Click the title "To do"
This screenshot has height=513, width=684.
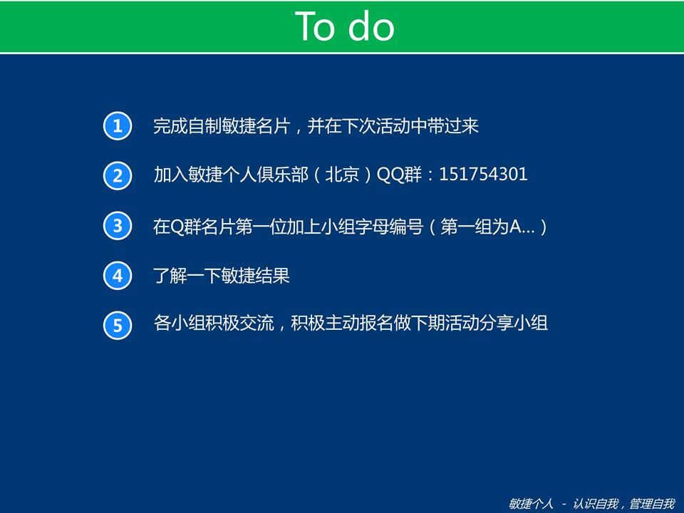[345, 26]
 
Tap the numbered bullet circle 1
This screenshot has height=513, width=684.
[118, 125]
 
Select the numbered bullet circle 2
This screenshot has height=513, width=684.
[118, 176]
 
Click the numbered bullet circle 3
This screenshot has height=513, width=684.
[118, 226]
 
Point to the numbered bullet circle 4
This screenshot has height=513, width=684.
[118, 276]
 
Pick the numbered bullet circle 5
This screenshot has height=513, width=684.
[118, 326]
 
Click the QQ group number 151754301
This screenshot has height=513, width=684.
[483, 175]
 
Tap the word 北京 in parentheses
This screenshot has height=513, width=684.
[342, 175]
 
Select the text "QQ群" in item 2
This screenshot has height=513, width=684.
[399, 175]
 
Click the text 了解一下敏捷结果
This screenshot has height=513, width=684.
[221, 276]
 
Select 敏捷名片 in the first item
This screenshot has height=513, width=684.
[256, 126]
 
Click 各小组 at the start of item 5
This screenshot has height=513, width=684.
[179, 323]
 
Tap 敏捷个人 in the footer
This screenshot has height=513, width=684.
[531, 504]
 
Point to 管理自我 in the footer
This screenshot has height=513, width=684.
[652, 504]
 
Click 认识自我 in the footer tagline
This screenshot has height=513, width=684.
[596, 504]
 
